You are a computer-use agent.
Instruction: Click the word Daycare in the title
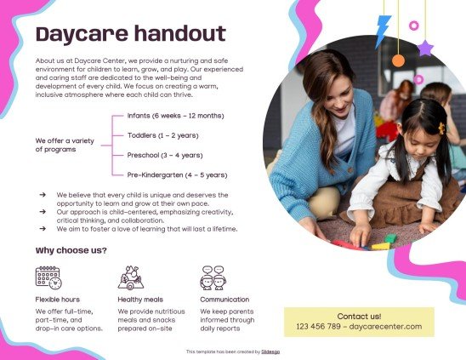[77, 34]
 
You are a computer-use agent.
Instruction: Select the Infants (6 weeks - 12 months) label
[175, 115]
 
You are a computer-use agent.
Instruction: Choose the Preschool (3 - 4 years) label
[164, 155]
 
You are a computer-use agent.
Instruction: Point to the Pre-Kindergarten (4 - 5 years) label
[177, 174]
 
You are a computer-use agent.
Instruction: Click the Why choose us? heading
[71, 250]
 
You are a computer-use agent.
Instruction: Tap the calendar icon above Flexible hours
[48, 277]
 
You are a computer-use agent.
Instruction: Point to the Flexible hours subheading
[58, 300]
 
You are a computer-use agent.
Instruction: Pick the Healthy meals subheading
[140, 300]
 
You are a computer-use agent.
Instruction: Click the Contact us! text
[359, 316]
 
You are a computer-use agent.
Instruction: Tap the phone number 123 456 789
[319, 327]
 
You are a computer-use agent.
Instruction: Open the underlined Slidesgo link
[270, 351]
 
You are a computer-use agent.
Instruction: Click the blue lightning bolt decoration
[384, 31]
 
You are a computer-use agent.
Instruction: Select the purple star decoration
[425, 48]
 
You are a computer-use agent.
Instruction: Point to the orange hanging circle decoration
[398, 60]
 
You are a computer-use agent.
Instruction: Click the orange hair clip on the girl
[441, 128]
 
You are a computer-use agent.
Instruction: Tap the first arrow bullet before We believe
[43, 195]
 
